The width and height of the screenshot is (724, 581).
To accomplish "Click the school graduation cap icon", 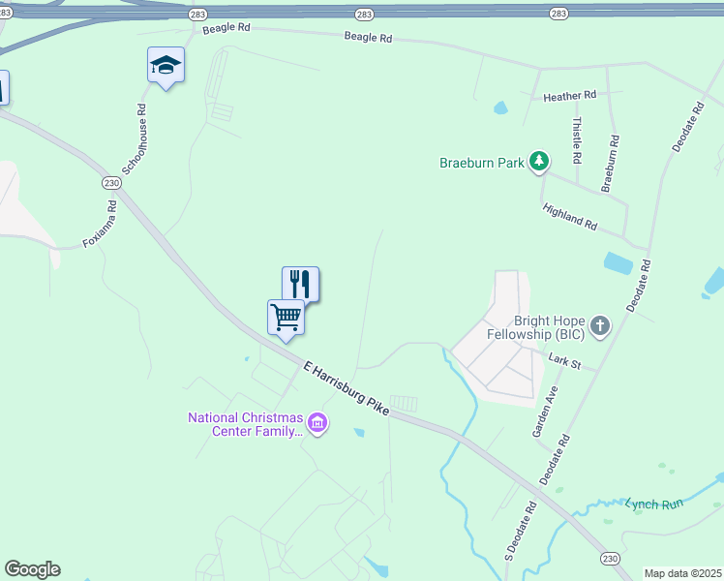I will [166, 65].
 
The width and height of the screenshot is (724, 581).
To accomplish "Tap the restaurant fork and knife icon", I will [300, 284].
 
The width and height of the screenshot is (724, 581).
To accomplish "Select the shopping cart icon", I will [286, 317].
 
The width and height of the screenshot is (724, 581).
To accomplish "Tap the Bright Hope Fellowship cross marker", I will [600, 325].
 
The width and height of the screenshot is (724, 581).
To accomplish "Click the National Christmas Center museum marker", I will [317, 422].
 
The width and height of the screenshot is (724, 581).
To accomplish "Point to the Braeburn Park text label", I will [482, 163].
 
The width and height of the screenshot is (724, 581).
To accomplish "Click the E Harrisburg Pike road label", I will [346, 388].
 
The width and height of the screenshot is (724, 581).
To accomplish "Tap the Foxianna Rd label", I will [100, 223].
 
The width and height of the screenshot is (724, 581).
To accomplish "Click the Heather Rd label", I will [569, 97].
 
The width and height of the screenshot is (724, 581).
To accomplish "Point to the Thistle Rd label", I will [577, 139].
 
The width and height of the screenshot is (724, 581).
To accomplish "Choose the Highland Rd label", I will [570, 216].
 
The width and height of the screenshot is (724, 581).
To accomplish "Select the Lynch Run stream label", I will [654, 504].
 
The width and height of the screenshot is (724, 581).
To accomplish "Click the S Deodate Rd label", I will [520, 531].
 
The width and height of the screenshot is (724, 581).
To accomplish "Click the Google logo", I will [32, 569].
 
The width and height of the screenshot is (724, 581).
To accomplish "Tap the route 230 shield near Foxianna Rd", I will [111, 183].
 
